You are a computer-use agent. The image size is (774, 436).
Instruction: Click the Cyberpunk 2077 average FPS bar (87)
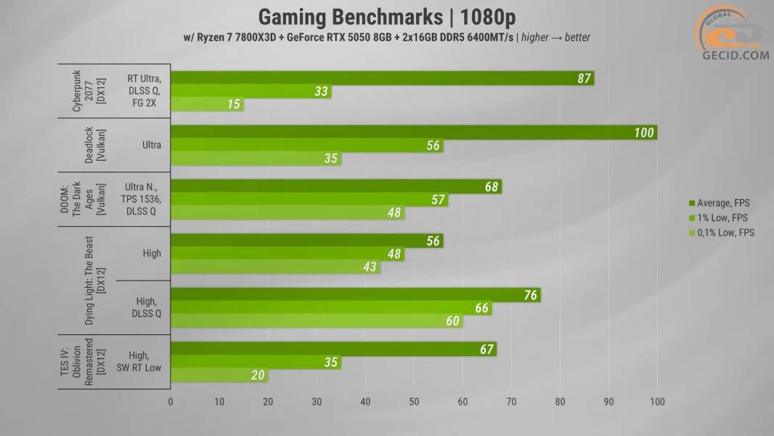[382, 78]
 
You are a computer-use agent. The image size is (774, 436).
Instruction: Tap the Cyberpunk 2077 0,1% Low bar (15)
[207, 105]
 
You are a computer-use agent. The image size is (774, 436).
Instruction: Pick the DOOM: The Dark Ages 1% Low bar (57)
[309, 200]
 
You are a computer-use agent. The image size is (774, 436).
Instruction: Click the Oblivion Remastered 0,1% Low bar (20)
[219, 376]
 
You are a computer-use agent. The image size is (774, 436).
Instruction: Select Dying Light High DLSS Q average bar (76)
[355, 295]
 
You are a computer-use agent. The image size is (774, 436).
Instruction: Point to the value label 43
[370, 267]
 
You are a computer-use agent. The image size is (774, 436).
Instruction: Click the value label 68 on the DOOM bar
[492, 187]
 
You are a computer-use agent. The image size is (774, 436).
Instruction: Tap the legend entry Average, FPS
[722, 203]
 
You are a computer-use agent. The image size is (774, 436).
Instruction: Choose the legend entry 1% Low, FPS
[722, 218]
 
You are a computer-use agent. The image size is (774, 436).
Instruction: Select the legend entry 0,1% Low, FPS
[722, 233]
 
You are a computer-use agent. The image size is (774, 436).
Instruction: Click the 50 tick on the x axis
[414, 401]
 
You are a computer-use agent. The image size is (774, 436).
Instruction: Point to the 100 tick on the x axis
[656, 401]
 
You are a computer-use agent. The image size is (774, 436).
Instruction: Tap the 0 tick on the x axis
[171, 401]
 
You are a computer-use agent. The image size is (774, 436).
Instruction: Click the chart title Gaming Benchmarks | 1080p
[387, 16]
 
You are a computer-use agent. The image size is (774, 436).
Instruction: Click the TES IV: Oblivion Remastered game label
[94, 362]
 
